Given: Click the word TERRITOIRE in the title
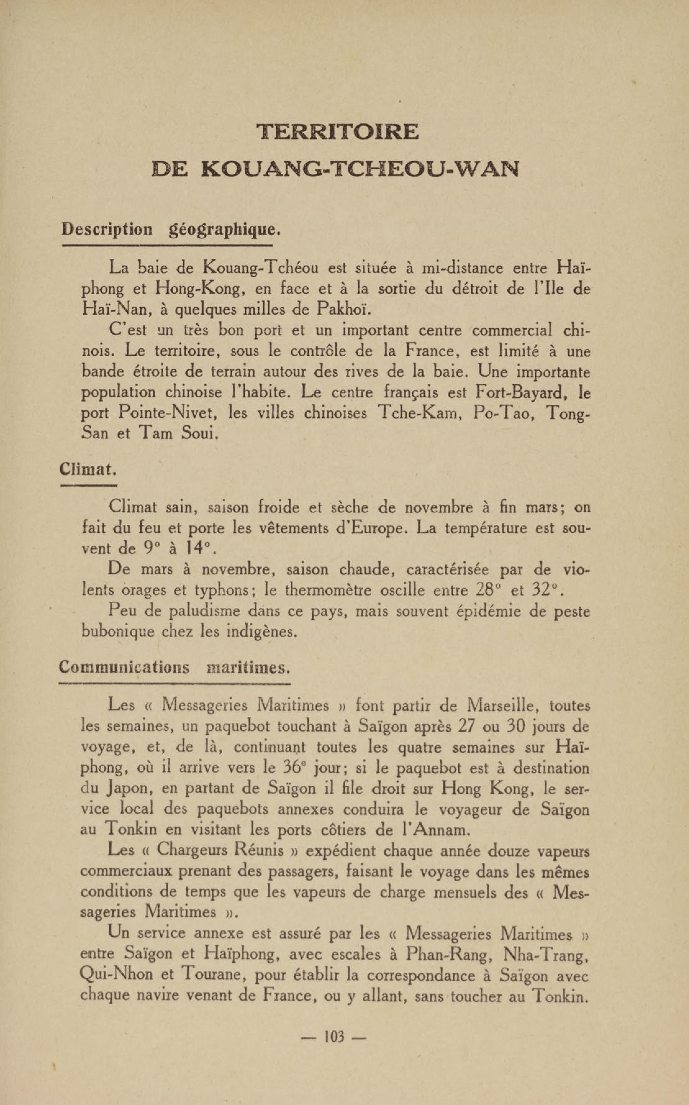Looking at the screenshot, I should pyautogui.click(x=337, y=132).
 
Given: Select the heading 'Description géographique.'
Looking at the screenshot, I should pyautogui.click(x=170, y=229).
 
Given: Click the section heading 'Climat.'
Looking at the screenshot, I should pyautogui.click(x=88, y=469).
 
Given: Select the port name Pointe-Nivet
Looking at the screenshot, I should pyautogui.click(x=166, y=413).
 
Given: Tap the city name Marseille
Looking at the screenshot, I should pyautogui.click(x=503, y=706).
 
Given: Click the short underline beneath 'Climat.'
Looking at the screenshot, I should pyautogui.click(x=88, y=485).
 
